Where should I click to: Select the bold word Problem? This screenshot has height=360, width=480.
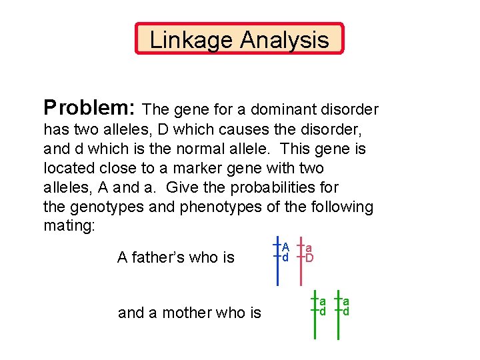[x=91, y=108]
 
